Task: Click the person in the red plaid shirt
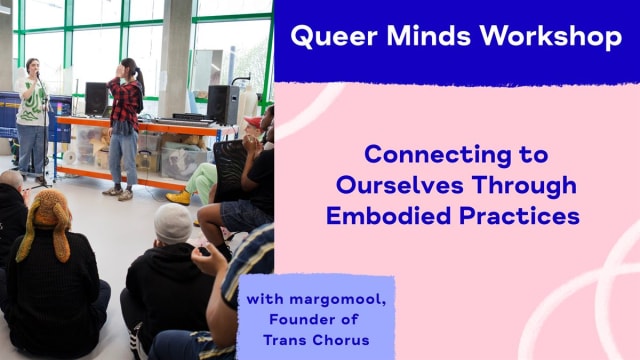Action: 125,120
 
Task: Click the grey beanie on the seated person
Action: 172,223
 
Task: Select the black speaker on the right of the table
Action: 222,103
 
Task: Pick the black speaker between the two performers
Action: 96,98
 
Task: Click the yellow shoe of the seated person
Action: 179,197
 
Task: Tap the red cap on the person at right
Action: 254,121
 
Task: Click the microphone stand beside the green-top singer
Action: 44,140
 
